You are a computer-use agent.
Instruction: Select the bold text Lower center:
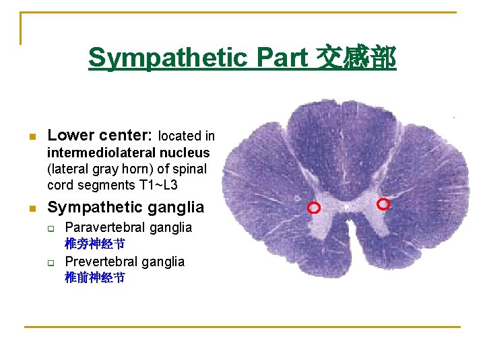coord(100,136)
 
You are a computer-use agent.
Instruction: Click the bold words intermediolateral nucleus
coord(128,153)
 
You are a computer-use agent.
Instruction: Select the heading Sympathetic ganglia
coord(125,207)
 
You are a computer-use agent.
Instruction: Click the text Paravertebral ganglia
coord(128,227)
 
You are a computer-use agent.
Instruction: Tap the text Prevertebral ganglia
coord(125,261)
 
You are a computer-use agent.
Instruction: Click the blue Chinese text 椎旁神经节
coord(94,243)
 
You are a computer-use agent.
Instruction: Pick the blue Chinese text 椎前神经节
coord(94,278)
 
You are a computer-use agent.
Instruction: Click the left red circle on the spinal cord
coord(313,208)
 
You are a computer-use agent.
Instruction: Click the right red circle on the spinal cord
coord(383,204)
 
